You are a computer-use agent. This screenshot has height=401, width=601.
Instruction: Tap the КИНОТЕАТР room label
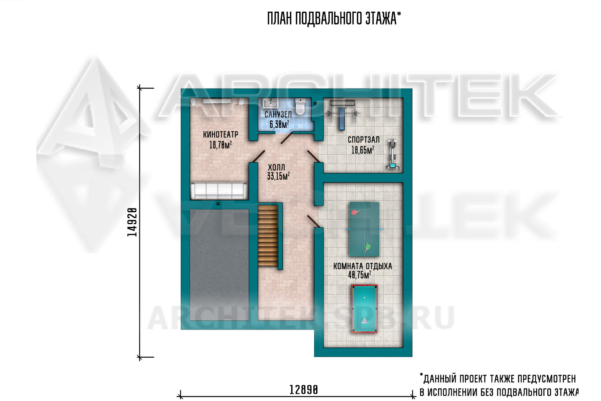pos(220,134)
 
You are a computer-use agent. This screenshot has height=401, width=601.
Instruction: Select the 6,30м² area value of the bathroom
pos(279,124)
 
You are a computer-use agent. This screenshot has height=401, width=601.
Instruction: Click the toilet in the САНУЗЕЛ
pos(300,107)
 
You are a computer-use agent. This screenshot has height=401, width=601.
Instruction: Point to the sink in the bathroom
pos(269,103)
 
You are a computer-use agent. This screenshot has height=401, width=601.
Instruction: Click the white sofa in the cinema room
pos(219,191)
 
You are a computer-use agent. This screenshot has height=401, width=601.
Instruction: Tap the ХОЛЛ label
pos(276,167)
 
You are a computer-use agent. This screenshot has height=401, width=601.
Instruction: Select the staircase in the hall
pos(268,235)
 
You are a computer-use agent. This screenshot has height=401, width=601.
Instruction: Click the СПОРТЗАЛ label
pos(363,140)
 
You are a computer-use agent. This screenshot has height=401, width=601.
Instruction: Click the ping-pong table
pos(364,229)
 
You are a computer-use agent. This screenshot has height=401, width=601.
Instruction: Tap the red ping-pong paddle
pos(355,213)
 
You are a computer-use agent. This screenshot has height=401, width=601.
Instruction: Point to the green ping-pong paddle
pos(367,247)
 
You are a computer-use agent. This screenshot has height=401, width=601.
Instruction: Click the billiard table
pos(364,309)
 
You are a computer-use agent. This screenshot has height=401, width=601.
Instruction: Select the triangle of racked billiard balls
pos(364,320)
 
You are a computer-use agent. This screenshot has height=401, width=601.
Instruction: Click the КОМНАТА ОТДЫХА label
pos(363,266)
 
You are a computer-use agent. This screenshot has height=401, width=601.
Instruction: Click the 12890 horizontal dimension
pos(303,390)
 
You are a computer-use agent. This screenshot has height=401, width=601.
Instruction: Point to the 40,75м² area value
pos(359,275)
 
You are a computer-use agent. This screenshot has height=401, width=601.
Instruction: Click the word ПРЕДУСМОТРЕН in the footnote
pos(547,379)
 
